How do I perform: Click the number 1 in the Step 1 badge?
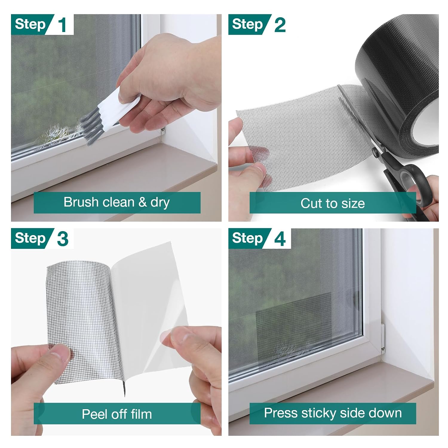click(62, 25)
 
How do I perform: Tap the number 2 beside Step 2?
click(280, 25)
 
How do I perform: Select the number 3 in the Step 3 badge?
click(62, 239)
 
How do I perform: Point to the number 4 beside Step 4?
click(280, 239)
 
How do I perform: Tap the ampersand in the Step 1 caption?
click(143, 202)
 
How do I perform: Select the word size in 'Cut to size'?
click(353, 204)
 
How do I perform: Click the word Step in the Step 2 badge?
click(247, 24)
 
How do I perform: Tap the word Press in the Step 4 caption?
click(281, 413)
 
